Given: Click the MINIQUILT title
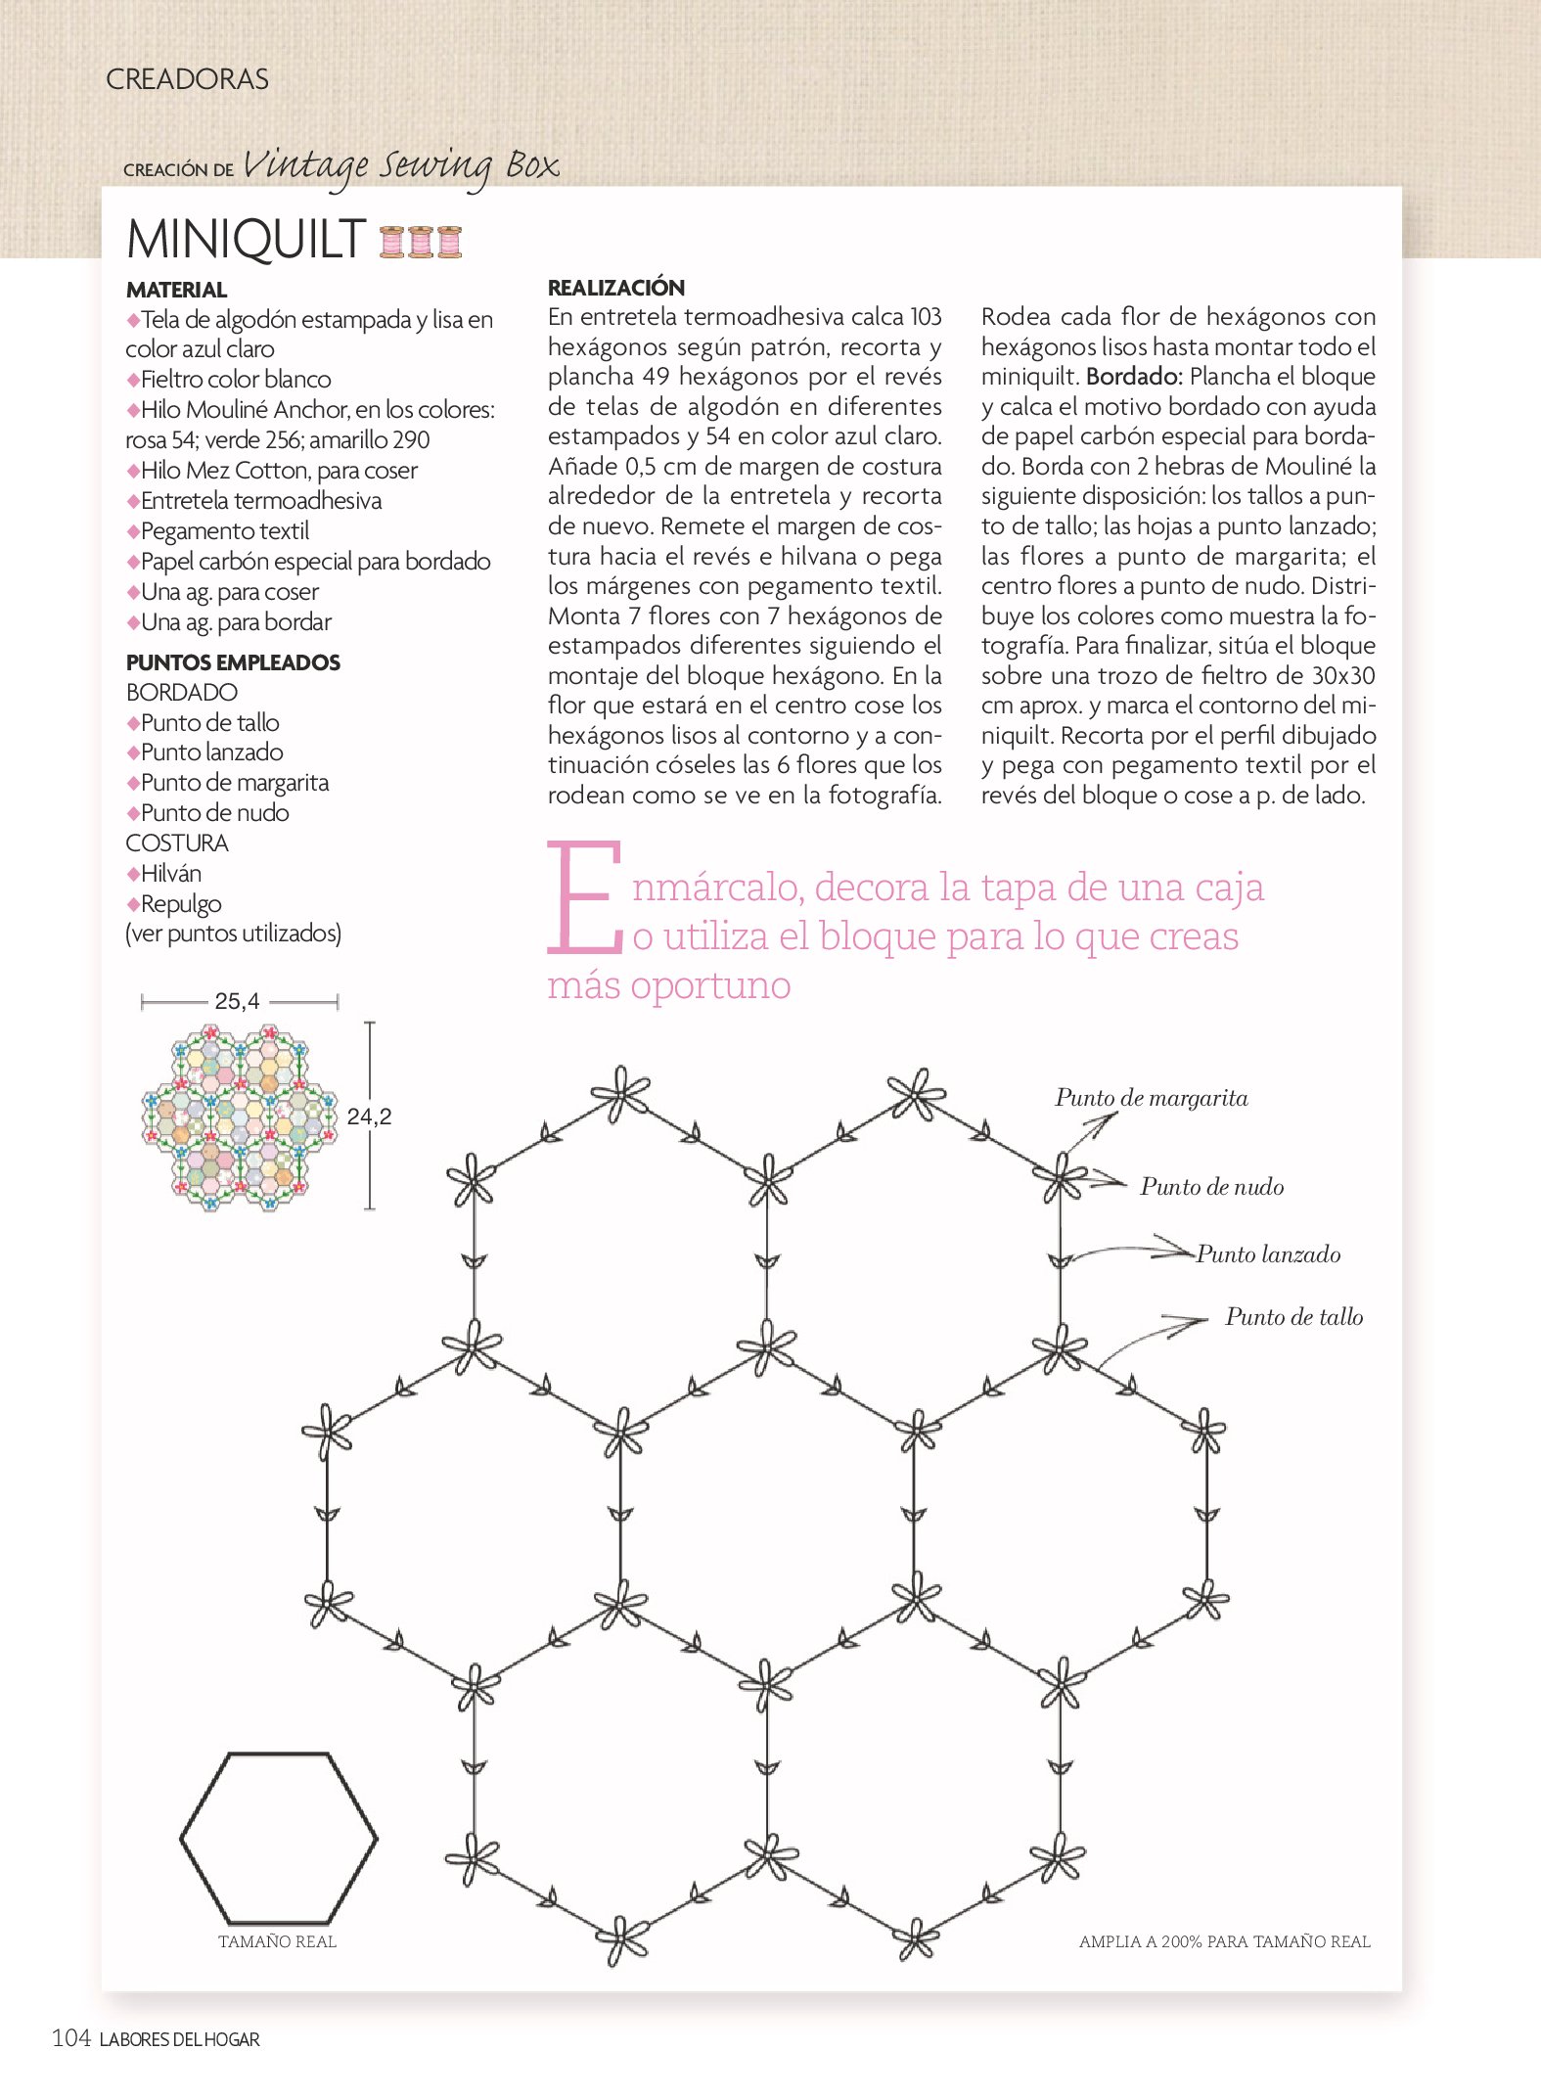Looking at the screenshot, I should click(246, 240).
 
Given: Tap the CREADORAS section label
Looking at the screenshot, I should click(187, 79).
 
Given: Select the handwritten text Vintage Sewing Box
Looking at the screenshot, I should click(400, 166).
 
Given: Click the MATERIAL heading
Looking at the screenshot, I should click(176, 290).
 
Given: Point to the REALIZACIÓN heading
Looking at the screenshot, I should click(615, 288).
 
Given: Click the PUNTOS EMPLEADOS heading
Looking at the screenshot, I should click(233, 662).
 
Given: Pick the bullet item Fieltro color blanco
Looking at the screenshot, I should click(235, 380).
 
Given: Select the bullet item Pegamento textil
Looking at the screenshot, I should click(224, 531).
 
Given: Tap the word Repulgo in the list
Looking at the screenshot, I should click(181, 904).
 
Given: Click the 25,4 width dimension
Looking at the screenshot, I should click(238, 1001).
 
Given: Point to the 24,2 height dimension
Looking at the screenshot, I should click(369, 1116).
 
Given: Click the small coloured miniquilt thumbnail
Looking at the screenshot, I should click(239, 1116).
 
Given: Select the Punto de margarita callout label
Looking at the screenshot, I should click(1151, 1098).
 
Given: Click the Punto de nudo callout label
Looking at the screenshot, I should click(1211, 1187).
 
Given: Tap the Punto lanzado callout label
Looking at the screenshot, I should click(1268, 1254).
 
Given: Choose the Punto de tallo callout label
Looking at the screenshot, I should click(1293, 1317).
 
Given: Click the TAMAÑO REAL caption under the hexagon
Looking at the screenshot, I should click(277, 1941).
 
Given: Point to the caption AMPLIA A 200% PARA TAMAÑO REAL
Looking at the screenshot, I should click(1224, 1941).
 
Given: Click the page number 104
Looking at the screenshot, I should click(71, 2038).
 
